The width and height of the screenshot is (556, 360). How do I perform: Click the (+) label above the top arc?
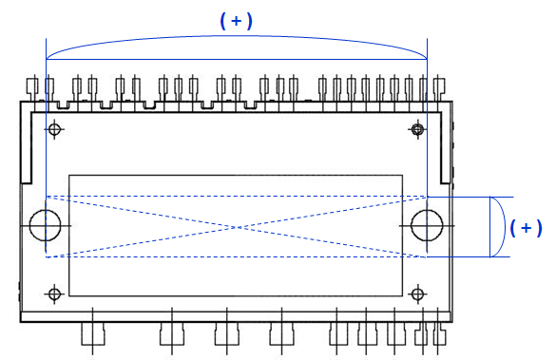236,21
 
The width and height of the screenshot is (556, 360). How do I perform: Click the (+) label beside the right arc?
527,227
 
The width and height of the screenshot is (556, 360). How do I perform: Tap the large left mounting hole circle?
29,225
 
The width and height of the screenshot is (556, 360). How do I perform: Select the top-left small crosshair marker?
54,129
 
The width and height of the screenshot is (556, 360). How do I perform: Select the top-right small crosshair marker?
417,129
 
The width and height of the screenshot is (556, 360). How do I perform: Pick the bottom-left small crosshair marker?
54,294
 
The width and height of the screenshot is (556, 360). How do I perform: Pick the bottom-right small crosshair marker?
417,294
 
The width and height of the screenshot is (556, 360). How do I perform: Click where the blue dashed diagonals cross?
237,227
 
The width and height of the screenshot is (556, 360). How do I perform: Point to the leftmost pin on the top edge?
32,88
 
